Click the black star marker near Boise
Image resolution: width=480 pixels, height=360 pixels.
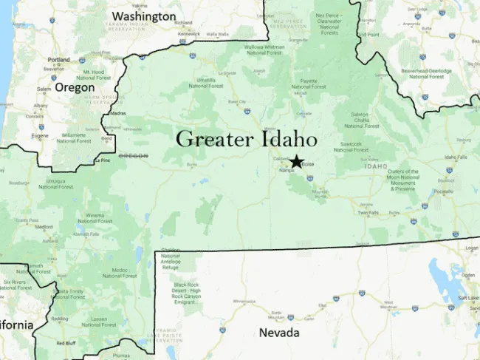point(296,162)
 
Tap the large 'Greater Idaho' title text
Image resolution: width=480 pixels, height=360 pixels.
point(247,139)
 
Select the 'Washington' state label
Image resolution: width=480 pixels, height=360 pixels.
point(143,16)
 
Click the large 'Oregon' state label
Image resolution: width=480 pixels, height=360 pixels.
point(75,87)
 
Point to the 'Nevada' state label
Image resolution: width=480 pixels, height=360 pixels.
point(279,333)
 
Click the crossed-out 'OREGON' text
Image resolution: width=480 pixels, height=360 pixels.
point(134,156)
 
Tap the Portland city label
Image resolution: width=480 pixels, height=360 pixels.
point(58,60)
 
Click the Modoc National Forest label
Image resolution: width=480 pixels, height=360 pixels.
point(120,273)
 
